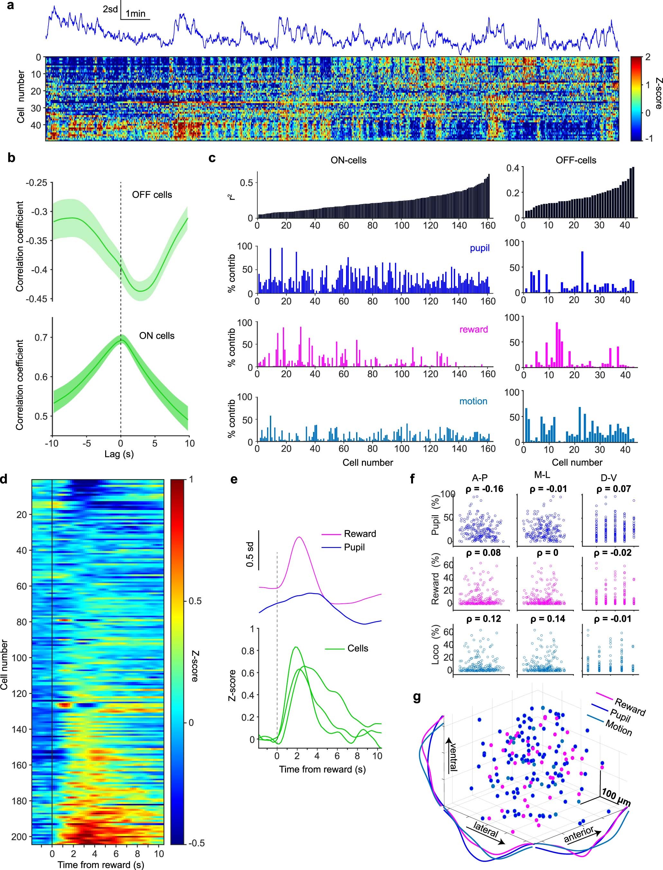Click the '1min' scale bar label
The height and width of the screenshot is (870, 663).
135,14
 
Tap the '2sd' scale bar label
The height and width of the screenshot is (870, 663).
110,9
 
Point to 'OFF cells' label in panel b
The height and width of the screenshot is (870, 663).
152,195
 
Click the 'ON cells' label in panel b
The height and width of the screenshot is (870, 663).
157,336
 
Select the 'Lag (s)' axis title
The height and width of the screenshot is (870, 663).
119,454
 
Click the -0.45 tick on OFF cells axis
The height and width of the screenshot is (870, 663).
37,299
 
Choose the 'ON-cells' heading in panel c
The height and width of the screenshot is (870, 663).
348,160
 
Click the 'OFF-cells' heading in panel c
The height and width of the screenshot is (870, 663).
576,160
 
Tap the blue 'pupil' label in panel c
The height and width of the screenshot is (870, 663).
480,248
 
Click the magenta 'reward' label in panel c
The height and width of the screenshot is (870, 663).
474,329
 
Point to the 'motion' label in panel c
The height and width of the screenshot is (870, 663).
473,401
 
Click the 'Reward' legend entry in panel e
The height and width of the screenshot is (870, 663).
360,534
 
